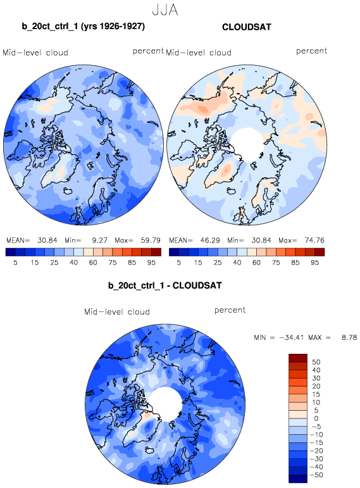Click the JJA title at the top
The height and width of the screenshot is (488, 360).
(165, 9)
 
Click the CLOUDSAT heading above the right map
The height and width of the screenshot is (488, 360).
(247, 27)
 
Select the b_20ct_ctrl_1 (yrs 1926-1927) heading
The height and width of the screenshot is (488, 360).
(84, 26)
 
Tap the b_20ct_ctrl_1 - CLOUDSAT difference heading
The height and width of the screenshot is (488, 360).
(165, 285)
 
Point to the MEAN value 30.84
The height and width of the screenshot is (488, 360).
(47, 241)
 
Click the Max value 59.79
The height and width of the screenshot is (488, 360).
(151, 241)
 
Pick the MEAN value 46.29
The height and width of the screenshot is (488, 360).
(210, 241)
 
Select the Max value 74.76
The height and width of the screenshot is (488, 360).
(314, 241)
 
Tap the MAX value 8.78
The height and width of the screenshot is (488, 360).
(349, 337)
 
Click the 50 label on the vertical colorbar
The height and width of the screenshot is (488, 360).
(316, 362)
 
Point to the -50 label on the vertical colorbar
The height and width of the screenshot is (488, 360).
(316, 475)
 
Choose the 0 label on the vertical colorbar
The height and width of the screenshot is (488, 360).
(316, 418)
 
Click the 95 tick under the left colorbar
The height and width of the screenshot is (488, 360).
(151, 263)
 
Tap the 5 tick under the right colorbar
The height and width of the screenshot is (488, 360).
(178, 263)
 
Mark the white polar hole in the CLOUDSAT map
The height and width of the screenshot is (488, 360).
(247, 144)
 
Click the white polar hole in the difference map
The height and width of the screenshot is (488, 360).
(165, 404)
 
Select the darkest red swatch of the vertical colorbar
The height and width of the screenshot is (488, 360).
(298, 358)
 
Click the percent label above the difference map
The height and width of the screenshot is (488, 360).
(230, 310)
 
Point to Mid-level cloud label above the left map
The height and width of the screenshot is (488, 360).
(35, 53)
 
